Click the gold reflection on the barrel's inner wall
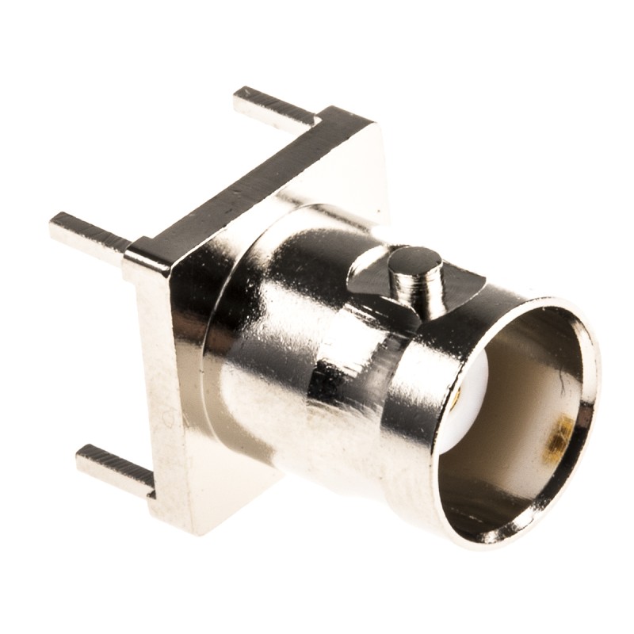pos(560,434)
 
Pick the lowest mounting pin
pos(115,470)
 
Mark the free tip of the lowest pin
pos(82,456)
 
